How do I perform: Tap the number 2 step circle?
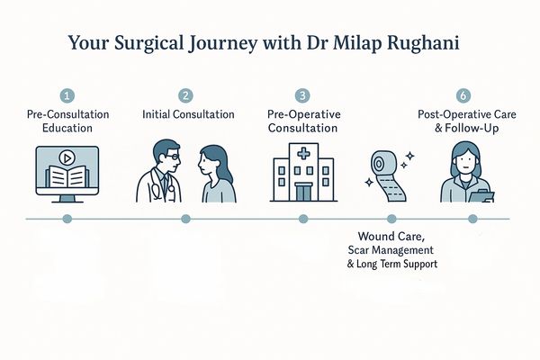coord(185,95)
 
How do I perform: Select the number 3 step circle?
coord(302,95)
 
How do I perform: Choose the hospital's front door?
coord(302,191)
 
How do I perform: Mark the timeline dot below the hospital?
coord(302,219)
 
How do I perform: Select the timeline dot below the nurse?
coord(472,219)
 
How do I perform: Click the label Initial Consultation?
coord(189,114)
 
